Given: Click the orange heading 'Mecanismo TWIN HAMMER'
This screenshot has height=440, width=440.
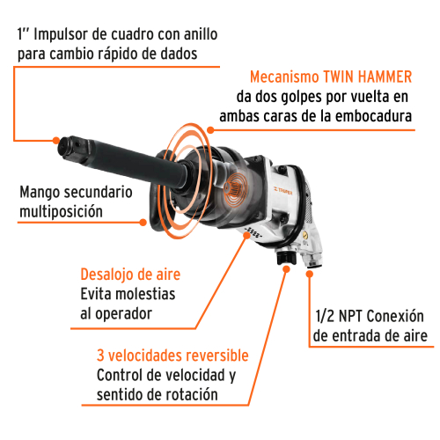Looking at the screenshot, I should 332,77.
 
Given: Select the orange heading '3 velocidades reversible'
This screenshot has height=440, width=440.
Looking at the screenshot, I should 172,356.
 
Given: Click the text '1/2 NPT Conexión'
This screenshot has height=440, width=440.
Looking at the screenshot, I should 369,317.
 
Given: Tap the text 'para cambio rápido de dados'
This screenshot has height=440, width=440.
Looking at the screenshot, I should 105,55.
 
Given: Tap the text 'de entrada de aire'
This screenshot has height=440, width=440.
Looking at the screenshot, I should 370,337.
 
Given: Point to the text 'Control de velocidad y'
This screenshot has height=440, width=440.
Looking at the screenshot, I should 167,377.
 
